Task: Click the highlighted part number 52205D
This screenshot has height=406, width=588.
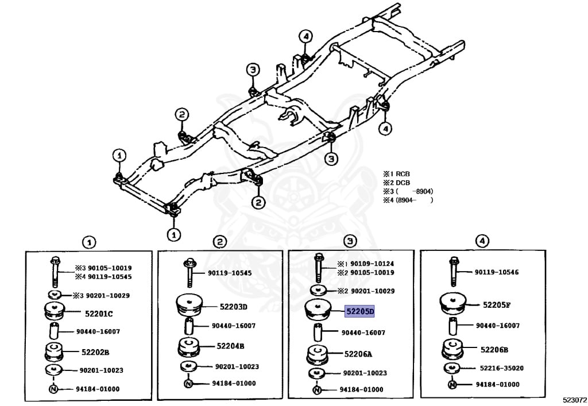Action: coord(359,311)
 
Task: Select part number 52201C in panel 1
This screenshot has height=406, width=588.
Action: coord(99,314)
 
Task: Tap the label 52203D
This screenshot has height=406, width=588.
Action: coord(233,307)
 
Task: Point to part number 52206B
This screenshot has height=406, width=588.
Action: coord(494,350)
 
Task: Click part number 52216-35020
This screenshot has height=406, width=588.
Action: coord(502,368)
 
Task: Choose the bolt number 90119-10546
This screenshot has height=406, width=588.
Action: coord(497,272)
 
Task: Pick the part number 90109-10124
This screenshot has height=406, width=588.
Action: coord(372,264)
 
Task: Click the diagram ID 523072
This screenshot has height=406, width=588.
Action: coord(574,400)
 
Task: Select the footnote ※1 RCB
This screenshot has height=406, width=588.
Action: coord(396,174)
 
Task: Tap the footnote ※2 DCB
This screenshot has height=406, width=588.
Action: coord(396,183)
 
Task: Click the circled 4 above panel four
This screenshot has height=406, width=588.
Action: coord(482,241)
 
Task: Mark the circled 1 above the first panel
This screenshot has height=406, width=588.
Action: coord(89,242)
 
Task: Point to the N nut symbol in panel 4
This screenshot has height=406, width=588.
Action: coord(452,384)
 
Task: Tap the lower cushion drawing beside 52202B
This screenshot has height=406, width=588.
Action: coord(53,353)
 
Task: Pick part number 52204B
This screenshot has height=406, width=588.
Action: coord(230,346)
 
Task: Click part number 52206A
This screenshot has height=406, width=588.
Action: coord(358,354)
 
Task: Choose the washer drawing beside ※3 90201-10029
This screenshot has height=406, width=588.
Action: coord(55,295)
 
